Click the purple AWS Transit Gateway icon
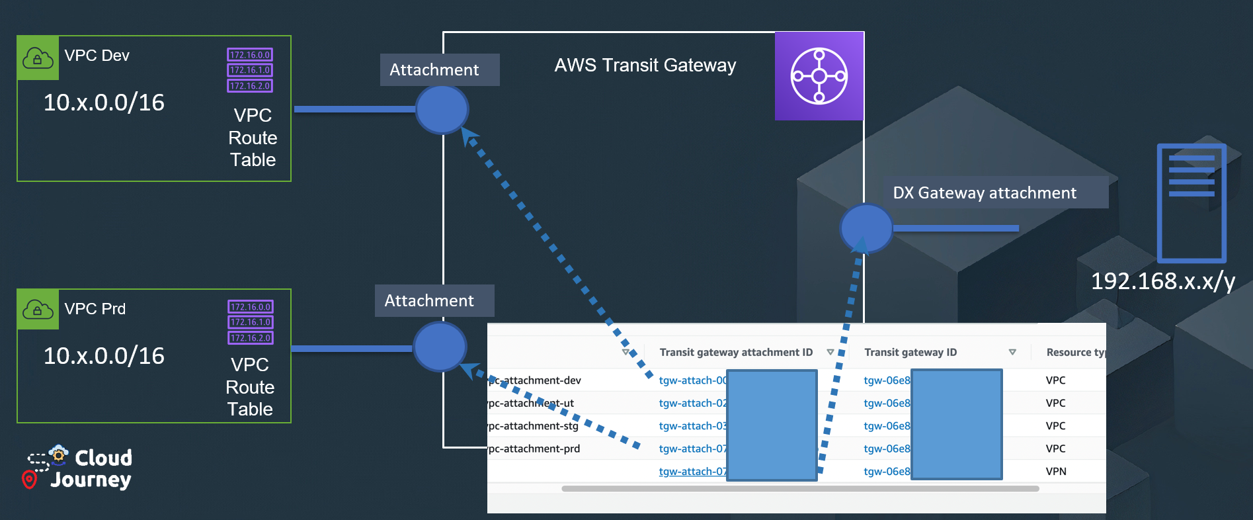(x=819, y=76)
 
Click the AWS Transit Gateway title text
(x=645, y=65)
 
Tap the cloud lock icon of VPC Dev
(x=38, y=58)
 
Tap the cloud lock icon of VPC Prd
(x=38, y=310)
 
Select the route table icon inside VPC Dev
(x=250, y=70)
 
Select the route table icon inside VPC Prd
(x=251, y=322)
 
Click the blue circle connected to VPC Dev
(x=442, y=109)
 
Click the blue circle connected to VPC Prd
(x=440, y=347)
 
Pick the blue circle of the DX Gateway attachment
(x=866, y=228)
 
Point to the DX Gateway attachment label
(x=985, y=193)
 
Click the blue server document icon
(x=1192, y=203)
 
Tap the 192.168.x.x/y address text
(x=1162, y=281)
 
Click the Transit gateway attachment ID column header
(x=736, y=353)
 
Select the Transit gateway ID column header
(x=910, y=353)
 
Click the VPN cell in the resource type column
(x=1056, y=472)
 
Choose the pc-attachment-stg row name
(x=533, y=426)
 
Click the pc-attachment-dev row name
(x=534, y=380)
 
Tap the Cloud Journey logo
(x=79, y=468)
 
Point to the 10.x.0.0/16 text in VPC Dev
(x=104, y=103)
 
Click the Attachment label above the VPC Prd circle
(x=429, y=301)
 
